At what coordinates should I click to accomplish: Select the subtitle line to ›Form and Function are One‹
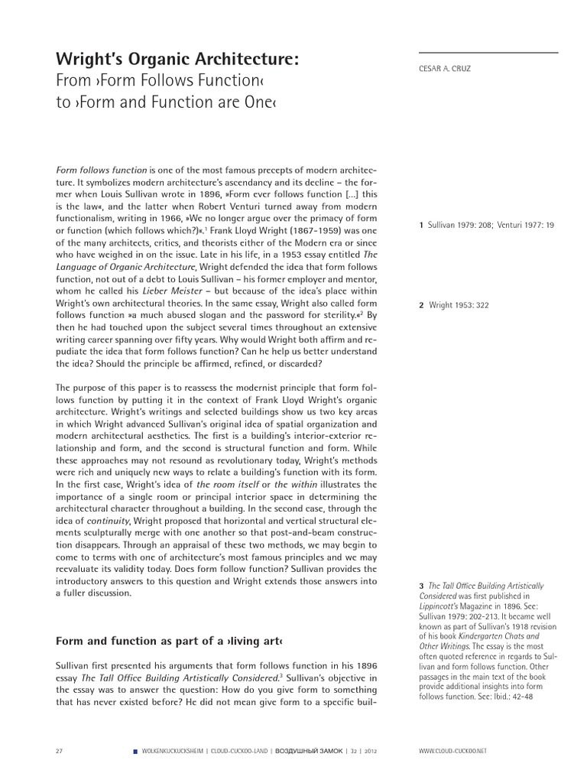click(166, 102)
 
